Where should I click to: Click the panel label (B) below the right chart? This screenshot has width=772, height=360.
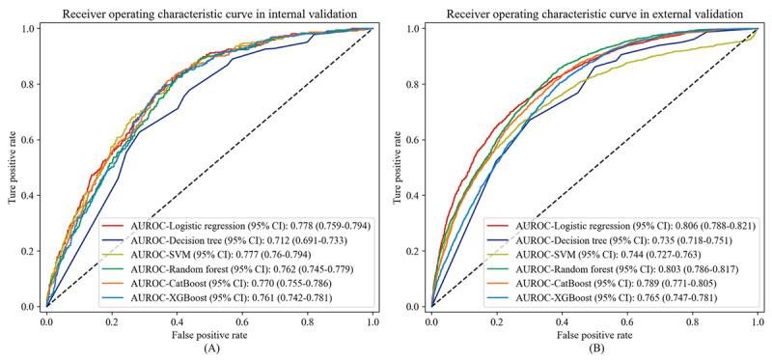(595, 350)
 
